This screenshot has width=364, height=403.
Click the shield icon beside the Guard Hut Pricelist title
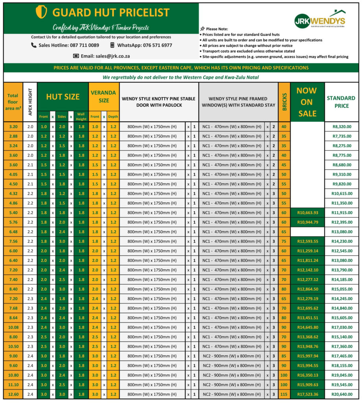click(41, 12)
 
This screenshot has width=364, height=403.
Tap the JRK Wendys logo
click(320, 20)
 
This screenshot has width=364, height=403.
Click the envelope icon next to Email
click(76, 56)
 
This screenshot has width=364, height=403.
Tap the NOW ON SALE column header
click(307, 102)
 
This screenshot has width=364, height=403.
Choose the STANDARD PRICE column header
click(341, 102)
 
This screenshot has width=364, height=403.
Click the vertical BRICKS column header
click(284, 102)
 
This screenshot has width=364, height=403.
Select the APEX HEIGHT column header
click(30, 102)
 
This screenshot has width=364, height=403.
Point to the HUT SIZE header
click(63, 96)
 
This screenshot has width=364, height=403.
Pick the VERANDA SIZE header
click(104, 96)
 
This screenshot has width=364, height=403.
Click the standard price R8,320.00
click(341, 127)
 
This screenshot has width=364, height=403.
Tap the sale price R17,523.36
click(307, 394)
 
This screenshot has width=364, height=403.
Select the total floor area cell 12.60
click(13, 394)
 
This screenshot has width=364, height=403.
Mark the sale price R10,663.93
click(307, 213)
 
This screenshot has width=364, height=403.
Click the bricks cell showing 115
click(284, 394)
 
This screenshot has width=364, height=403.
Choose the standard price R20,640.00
click(341, 394)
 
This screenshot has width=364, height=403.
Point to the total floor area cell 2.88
click(13, 136)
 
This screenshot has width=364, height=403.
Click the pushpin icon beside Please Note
click(202, 29)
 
